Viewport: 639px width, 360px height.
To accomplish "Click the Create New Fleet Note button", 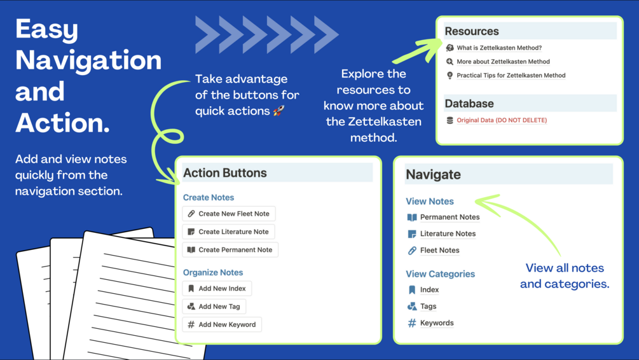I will (229, 214).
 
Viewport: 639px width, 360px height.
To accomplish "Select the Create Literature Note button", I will (229, 232).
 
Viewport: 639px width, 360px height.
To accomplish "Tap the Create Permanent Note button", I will (230, 250).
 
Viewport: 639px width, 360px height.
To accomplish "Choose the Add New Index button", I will (217, 289).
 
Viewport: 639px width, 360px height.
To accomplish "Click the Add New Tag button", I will (214, 307).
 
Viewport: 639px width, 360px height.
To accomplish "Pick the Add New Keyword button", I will (222, 324).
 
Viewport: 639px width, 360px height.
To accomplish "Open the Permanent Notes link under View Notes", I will (449, 217).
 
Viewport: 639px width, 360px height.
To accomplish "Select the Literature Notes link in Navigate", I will (447, 233).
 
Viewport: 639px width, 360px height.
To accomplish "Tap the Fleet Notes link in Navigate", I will (439, 250).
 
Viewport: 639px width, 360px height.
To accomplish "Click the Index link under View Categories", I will (429, 289).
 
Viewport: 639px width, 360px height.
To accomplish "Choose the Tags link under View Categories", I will (428, 306).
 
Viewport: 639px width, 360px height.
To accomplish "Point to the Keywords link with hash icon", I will (436, 323).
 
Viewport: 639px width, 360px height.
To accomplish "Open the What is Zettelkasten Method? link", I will (498, 48).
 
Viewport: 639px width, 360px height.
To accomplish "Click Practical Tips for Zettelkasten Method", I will (511, 75).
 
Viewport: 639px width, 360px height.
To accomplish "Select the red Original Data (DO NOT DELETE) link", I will (501, 120).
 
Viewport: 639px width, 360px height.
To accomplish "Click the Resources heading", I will (472, 31).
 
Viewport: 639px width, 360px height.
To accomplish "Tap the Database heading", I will (469, 103).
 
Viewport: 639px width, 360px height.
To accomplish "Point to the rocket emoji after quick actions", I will (278, 111).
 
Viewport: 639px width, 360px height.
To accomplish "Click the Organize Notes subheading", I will (213, 272).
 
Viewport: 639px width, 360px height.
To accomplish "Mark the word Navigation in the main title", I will (88, 60).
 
